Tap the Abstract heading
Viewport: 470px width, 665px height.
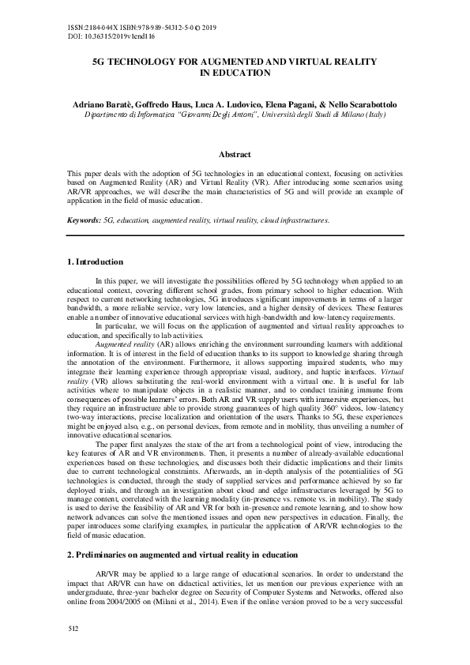pyautogui.click(x=235, y=154)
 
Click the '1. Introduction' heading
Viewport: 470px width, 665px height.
pyautogui.click(x=95, y=261)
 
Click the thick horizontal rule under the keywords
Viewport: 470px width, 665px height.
pyautogui.click(x=235, y=235)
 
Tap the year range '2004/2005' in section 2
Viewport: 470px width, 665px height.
pyautogui.click(x=141, y=602)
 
